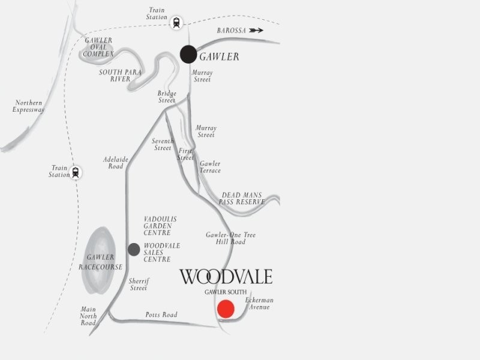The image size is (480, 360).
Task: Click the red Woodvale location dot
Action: point(226,308)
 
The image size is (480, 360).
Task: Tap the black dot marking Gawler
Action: point(188,54)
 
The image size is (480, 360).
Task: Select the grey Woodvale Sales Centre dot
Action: point(134,249)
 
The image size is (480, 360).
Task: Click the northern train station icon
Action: point(176,22)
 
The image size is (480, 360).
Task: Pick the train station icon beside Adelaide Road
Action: point(76,172)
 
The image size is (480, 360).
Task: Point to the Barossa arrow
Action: point(256,30)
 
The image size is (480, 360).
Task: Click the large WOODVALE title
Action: point(226,277)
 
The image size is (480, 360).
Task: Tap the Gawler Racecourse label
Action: point(101,262)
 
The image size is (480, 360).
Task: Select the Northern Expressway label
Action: point(29,107)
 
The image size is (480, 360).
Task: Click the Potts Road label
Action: point(161,315)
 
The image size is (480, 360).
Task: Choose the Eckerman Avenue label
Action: point(259,304)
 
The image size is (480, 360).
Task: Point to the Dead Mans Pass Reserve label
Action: point(243,199)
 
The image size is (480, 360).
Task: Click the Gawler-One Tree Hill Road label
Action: point(230,238)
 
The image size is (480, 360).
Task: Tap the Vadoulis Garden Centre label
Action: point(160,226)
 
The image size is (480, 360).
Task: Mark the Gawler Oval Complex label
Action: point(98,47)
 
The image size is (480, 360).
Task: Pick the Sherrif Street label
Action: point(139,284)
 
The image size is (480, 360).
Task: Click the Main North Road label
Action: point(88,316)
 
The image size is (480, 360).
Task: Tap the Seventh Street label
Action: point(163,145)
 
